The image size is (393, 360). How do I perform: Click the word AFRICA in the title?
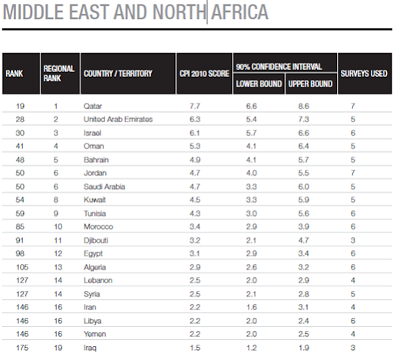click(239, 12)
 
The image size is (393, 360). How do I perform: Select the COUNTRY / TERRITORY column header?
click(118, 74)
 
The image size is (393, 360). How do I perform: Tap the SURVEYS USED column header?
click(364, 74)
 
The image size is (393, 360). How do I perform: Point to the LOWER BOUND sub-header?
click(259, 84)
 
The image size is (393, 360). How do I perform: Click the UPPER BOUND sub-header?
click(310, 84)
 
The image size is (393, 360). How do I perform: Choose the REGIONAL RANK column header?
click(59, 74)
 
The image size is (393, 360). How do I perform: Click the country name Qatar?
click(93, 106)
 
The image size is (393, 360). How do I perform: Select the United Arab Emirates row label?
click(118, 119)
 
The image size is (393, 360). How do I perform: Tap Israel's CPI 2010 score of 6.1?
click(195, 133)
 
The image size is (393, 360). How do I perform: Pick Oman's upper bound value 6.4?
click(303, 146)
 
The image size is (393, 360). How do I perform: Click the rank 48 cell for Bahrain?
click(20, 160)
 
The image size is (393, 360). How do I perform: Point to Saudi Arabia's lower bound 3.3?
click(251, 187)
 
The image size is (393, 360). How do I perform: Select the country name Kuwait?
click(94, 200)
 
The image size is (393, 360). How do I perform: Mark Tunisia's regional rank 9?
click(56, 213)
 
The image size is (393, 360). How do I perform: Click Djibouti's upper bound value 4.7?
click(303, 240)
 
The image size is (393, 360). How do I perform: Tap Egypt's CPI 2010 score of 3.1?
click(195, 253)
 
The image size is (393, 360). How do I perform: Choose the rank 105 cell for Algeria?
click(22, 267)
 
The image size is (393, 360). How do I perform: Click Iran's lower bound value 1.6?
click(251, 307)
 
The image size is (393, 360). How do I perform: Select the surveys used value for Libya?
click(353, 321)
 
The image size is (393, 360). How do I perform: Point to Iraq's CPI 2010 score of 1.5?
click(195, 348)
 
